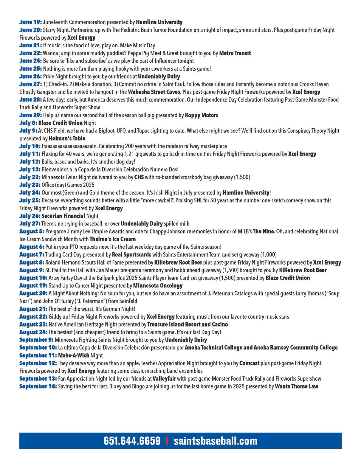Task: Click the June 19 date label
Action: tap(30, 22)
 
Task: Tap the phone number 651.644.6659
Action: tap(132, 441)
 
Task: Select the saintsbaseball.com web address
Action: tap(215, 441)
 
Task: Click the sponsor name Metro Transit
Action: tap(235, 53)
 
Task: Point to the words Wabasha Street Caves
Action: tap(154, 92)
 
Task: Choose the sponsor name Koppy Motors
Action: tap(202, 115)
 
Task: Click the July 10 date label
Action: tap(30, 146)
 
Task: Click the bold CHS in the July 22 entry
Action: tap(139, 177)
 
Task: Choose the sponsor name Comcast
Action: tap(249, 363)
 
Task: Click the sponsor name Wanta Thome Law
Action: tap(296, 386)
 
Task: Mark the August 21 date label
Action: tap(33, 309)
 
